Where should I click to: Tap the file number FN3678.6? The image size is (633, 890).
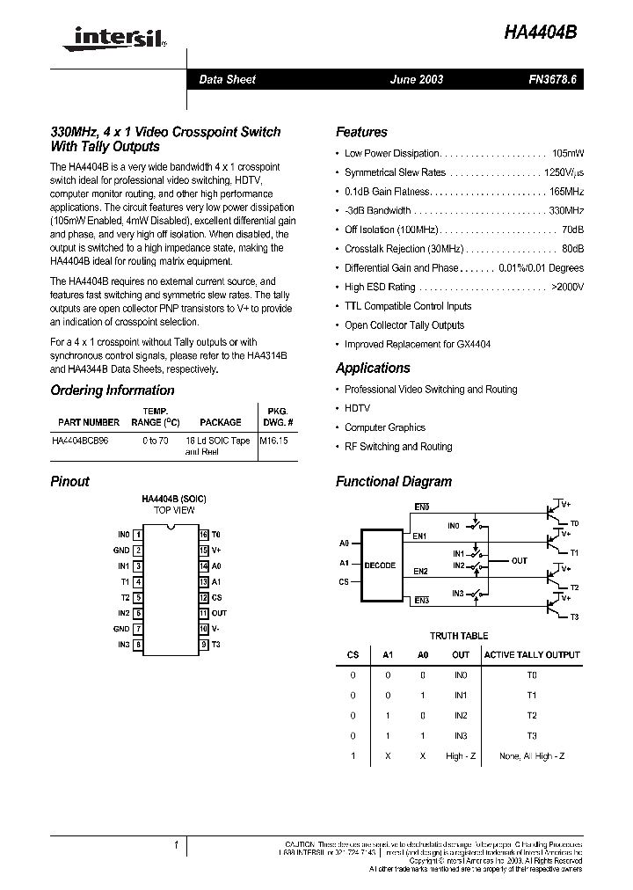coord(553,79)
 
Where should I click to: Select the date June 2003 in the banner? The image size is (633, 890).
coord(417,79)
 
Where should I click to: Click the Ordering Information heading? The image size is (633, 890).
coord(113,390)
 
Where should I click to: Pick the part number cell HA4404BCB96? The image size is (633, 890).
coord(86,441)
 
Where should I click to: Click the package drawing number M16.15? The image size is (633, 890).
coord(274,441)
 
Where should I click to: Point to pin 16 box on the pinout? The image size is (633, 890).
coord(203,534)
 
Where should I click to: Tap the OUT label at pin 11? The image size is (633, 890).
coord(219,613)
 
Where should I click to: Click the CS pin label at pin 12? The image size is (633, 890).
coord(216,597)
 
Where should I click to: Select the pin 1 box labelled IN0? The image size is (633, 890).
coord(137,534)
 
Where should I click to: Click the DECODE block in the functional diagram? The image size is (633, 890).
coord(380,565)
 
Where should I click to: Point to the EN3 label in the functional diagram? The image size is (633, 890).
coord(421,600)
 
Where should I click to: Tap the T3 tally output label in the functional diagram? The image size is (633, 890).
coord(574,616)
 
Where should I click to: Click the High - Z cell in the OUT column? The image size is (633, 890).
coord(461,755)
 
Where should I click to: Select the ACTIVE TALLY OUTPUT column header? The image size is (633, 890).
coord(532,654)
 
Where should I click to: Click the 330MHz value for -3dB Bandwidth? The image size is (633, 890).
coord(566,211)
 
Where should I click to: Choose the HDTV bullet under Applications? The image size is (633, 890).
coord(357,408)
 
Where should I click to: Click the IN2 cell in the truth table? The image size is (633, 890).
coord(461,715)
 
